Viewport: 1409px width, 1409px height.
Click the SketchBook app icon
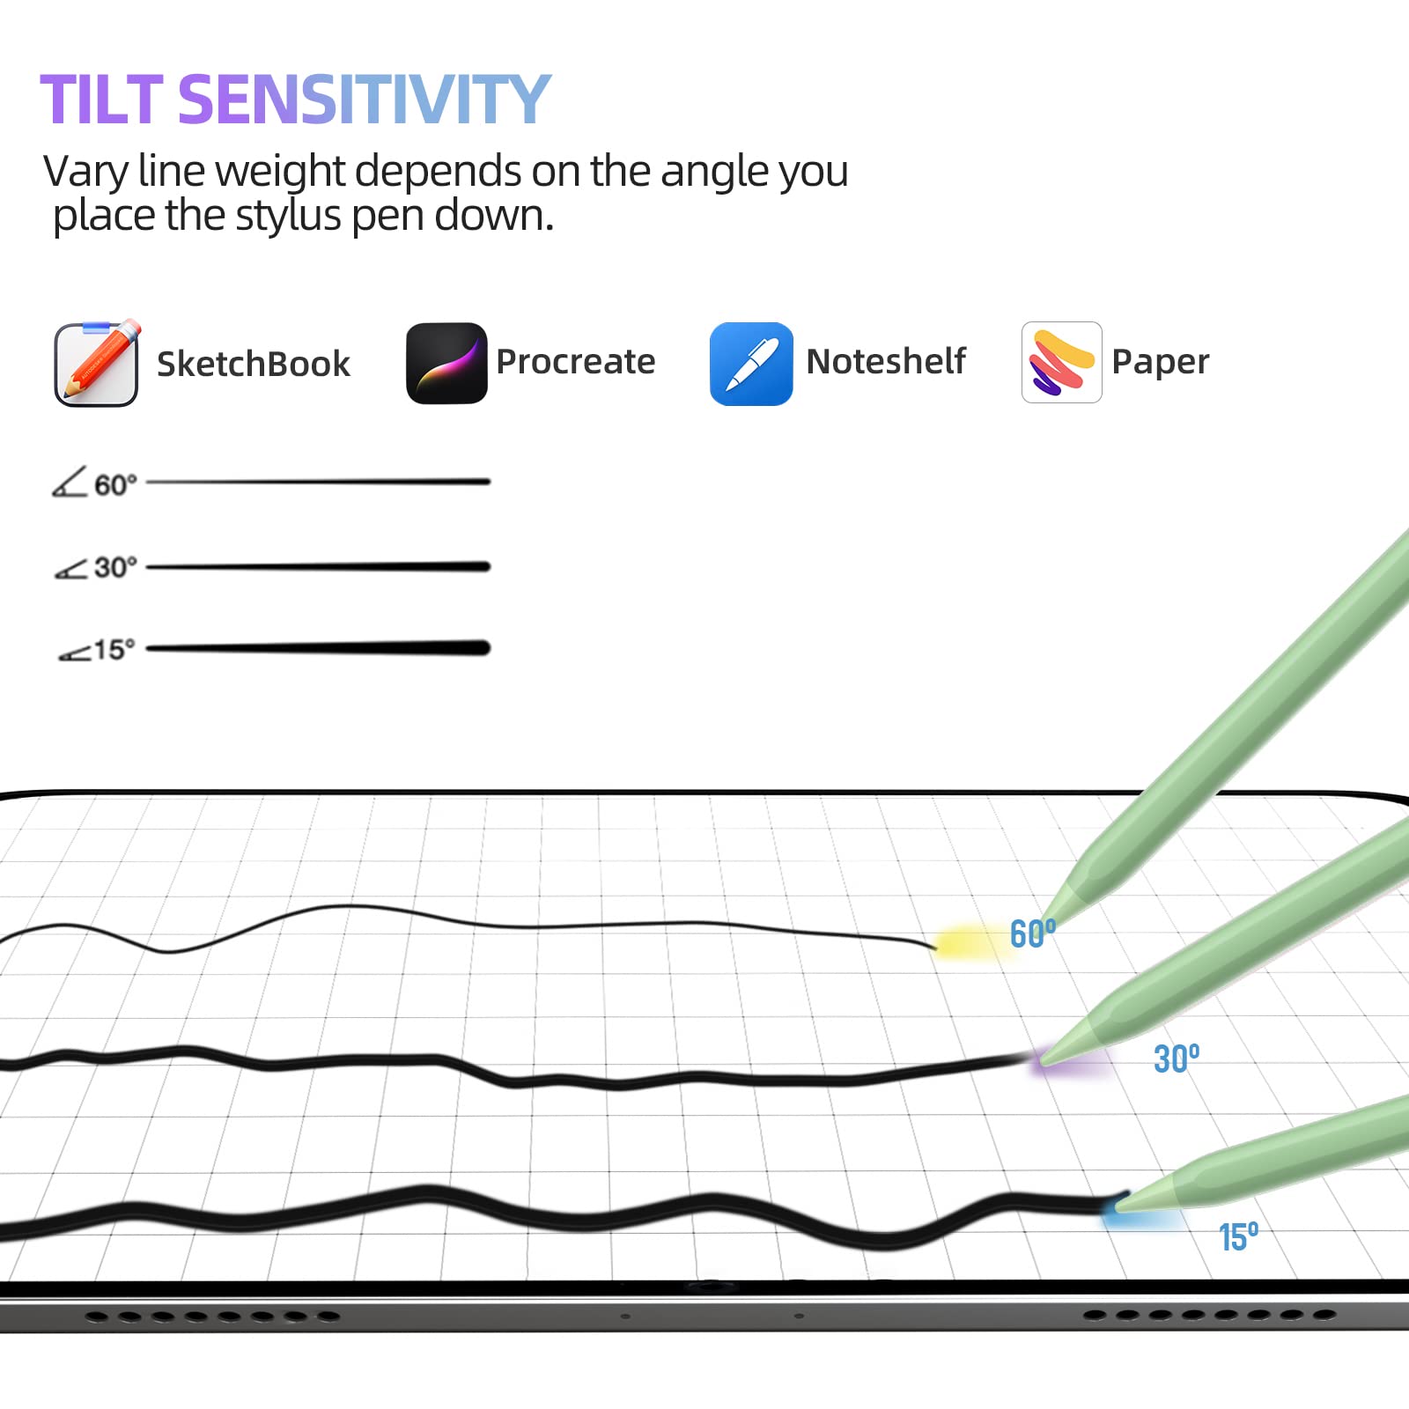click(x=97, y=363)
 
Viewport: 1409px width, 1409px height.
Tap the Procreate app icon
click(x=446, y=363)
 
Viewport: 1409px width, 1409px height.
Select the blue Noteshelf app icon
click(x=751, y=364)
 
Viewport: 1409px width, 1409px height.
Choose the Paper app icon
click(x=1061, y=362)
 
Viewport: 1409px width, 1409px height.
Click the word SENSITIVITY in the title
click(x=365, y=100)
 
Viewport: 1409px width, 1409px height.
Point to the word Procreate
click(x=576, y=361)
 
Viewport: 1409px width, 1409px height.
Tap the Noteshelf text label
click(x=886, y=361)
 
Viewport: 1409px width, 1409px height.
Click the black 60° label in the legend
click(x=115, y=485)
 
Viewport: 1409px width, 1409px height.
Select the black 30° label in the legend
click(x=115, y=567)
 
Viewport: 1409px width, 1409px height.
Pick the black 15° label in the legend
click(x=114, y=650)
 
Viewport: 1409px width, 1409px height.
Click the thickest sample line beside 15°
click(x=318, y=648)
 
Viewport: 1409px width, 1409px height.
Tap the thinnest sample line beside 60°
click(x=318, y=482)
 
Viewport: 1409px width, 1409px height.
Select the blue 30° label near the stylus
click(x=1177, y=1059)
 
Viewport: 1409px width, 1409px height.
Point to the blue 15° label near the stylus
click(x=1238, y=1237)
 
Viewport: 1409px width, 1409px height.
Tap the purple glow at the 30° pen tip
click(x=1070, y=1060)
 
